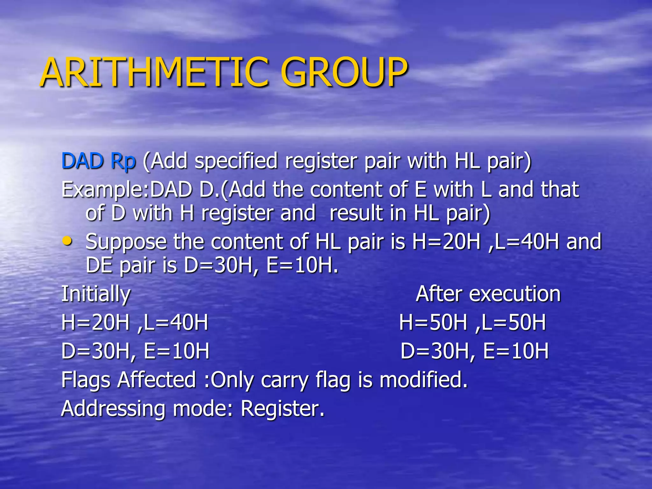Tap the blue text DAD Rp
pyautogui.click(x=99, y=161)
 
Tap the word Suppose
pyautogui.click(x=126, y=242)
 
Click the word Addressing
pyautogui.click(x=113, y=408)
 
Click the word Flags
pyautogui.click(x=86, y=380)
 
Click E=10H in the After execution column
pyautogui.click(x=516, y=351)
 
